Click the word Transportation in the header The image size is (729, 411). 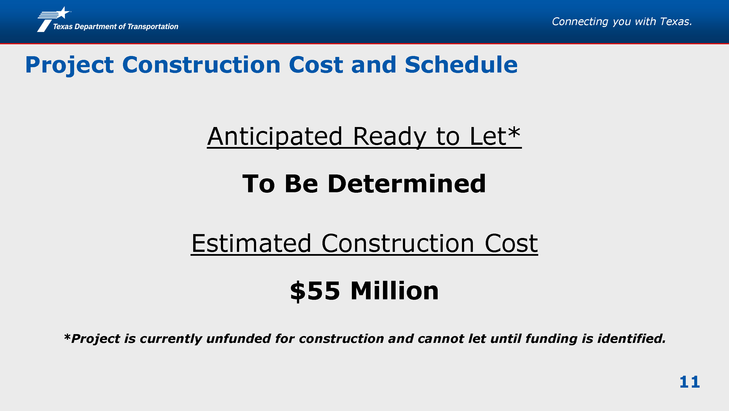(x=153, y=27)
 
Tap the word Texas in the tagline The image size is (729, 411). (x=676, y=22)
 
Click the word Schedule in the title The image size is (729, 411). (x=461, y=65)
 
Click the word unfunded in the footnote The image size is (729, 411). (x=239, y=338)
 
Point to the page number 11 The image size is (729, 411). (x=689, y=382)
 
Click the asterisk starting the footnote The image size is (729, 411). (x=67, y=337)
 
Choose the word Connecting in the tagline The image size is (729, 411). (x=580, y=22)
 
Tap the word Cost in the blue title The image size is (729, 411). (x=316, y=65)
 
